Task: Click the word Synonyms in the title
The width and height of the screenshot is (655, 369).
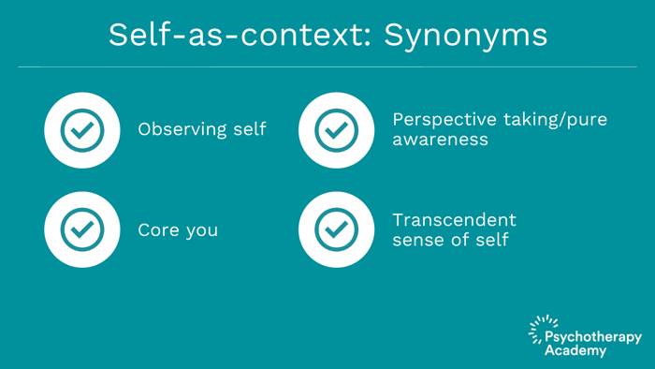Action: coord(465,37)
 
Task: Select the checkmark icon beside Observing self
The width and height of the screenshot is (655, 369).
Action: coord(82,130)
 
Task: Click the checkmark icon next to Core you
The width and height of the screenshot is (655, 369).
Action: coord(82,229)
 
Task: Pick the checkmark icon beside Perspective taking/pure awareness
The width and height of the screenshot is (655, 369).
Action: coord(336,130)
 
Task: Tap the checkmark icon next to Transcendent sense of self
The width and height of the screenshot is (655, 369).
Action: coord(336,229)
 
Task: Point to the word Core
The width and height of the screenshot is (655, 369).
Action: coord(158,230)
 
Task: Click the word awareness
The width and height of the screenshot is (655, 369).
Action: coord(441,140)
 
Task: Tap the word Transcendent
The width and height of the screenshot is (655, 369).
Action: coord(455,220)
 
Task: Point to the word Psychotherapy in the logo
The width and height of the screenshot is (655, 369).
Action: coord(593,337)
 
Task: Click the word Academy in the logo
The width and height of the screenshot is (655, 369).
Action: coord(575,350)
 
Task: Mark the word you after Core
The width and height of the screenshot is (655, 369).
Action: coord(202,231)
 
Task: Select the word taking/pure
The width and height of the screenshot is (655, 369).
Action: coord(555,121)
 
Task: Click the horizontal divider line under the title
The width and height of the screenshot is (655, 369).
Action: coord(327,66)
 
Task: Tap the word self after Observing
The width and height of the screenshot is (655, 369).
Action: coord(250,129)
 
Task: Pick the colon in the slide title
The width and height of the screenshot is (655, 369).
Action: coord(367,37)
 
